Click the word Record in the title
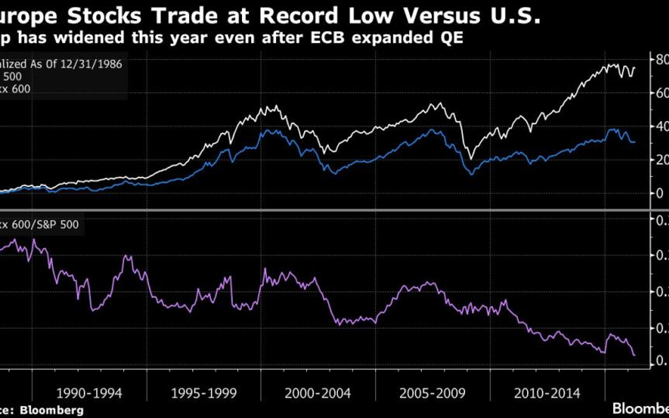(x=253, y=13)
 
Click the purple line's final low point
(x=634, y=355)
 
